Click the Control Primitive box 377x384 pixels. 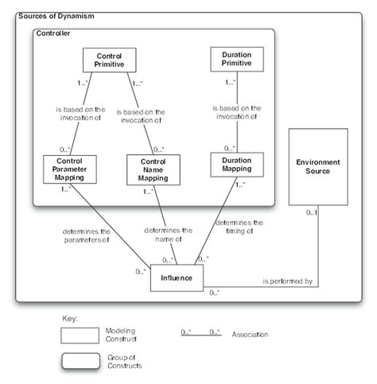109,60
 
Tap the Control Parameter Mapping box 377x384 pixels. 69,168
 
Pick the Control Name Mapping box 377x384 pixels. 154,168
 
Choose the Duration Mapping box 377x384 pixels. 236,164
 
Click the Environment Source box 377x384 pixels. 317,166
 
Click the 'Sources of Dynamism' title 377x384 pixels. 54,16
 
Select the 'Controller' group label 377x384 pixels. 53,34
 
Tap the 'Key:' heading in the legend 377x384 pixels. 70,318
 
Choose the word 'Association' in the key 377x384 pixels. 251,335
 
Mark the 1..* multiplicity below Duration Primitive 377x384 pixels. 230,81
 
